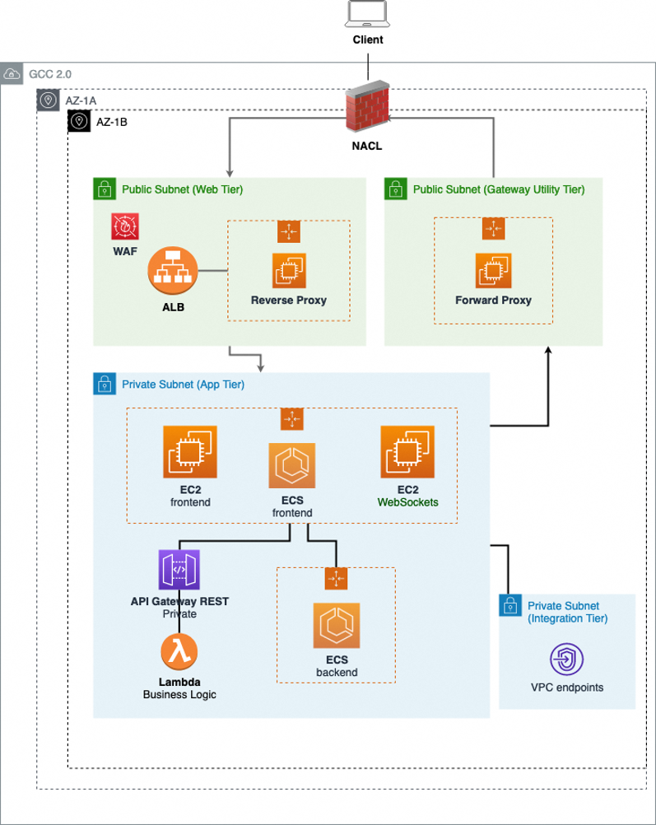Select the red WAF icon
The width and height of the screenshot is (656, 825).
[x=126, y=226]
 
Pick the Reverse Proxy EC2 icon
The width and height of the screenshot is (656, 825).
[x=288, y=270]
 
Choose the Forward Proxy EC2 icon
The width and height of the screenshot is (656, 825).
[x=492, y=270]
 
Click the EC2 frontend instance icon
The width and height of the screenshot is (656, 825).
[x=190, y=452]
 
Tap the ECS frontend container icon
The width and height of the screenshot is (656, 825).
[x=291, y=465]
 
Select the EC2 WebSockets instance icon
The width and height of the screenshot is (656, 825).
[x=407, y=452]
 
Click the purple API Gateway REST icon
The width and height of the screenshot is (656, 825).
[x=179, y=570]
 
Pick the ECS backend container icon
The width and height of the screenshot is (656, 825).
[x=336, y=626]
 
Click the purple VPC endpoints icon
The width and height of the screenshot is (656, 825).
[x=567, y=660]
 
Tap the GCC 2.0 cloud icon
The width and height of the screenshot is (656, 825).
[x=12, y=74]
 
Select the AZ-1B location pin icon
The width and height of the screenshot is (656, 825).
[x=79, y=121]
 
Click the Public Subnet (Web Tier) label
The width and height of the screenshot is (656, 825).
[x=182, y=189]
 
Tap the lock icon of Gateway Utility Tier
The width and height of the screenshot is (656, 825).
[x=396, y=189]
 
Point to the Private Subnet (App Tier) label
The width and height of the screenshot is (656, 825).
[x=183, y=384]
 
